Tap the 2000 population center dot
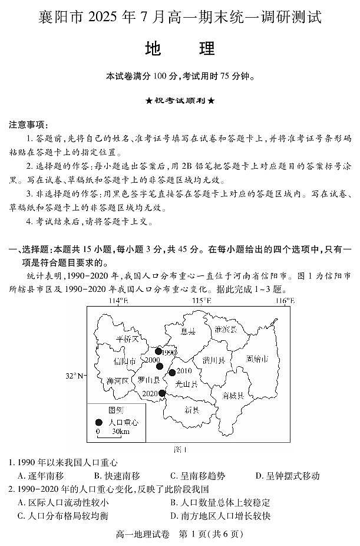[x=159, y=366]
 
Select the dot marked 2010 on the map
[x=172, y=372]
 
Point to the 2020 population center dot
[x=162, y=393]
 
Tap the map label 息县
[x=188, y=332]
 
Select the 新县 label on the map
[x=191, y=409]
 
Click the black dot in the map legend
[x=99, y=422]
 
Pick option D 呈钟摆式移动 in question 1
[x=288, y=476]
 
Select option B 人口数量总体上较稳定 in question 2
[x=219, y=502]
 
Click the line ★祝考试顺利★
[x=180, y=101]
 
